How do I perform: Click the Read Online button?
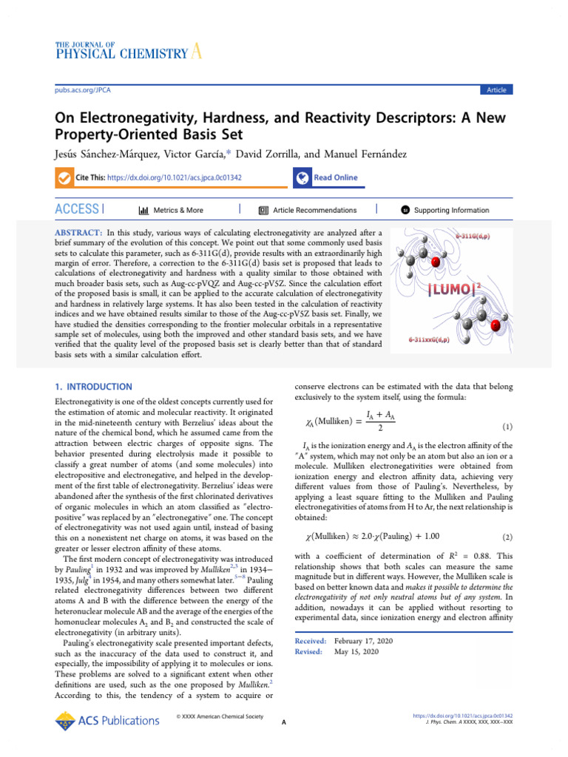pyautogui.click(x=334, y=177)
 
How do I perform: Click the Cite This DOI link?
pyautogui.click(x=175, y=177)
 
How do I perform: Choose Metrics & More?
pyautogui.click(x=178, y=210)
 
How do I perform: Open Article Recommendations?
pyautogui.click(x=314, y=210)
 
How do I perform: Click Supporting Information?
pyautogui.click(x=451, y=210)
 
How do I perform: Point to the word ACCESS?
pyautogui.click(x=77, y=210)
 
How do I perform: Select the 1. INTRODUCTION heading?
pyautogui.click(x=95, y=387)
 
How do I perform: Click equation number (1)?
pyautogui.click(x=507, y=427)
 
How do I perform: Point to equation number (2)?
pyautogui.click(x=507, y=536)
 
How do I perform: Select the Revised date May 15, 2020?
pyautogui.click(x=356, y=652)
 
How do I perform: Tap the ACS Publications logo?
pyautogui.click(x=107, y=720)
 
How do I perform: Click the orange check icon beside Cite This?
pyautogui.click(x=64, y=177)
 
